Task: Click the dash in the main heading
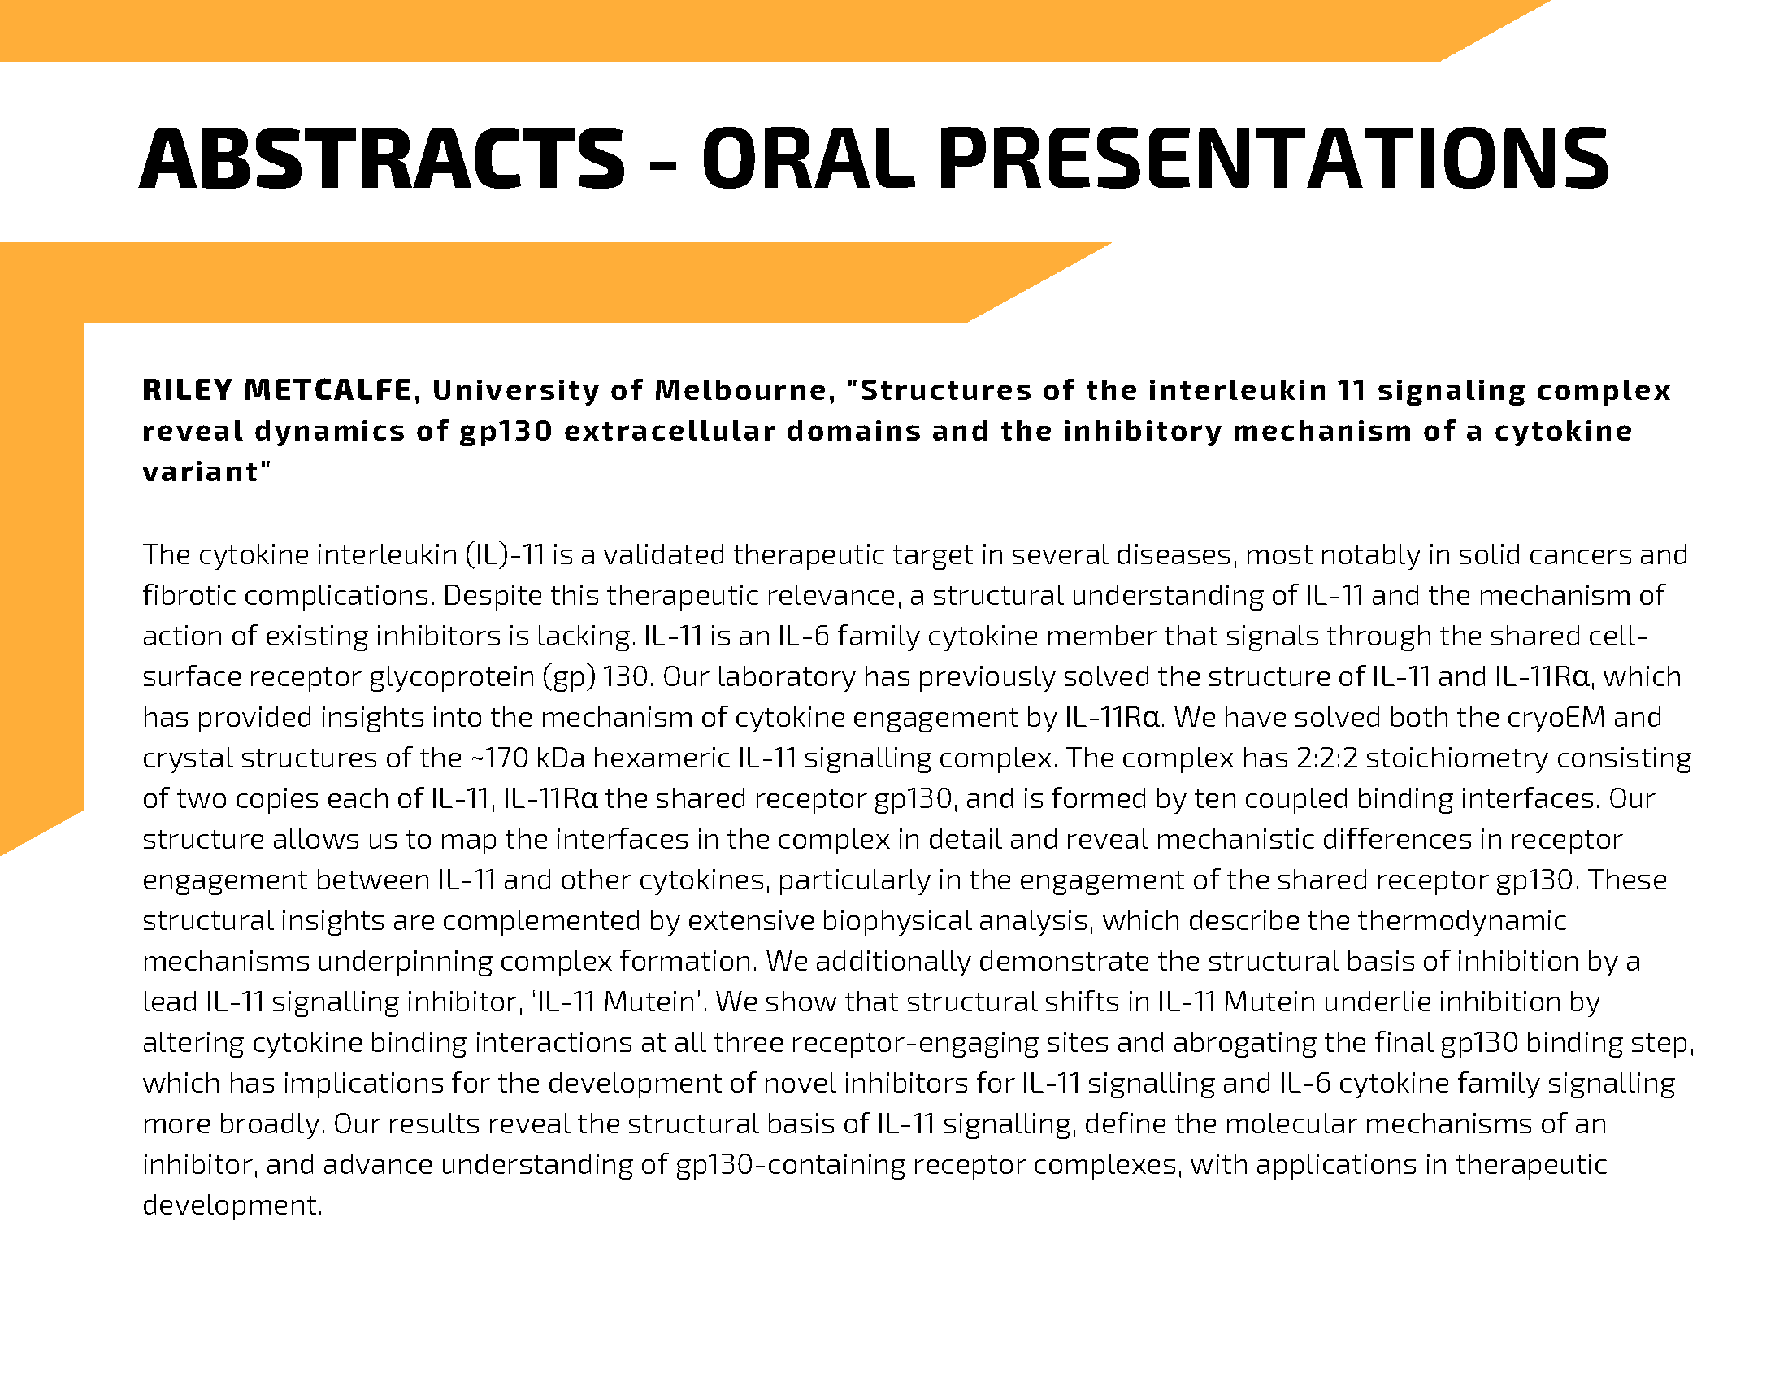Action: point(663,164)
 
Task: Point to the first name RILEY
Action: point(189,390)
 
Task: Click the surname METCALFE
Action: point(328,390)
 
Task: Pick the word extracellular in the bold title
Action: point(670,432)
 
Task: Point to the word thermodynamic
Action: point(1462,921)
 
